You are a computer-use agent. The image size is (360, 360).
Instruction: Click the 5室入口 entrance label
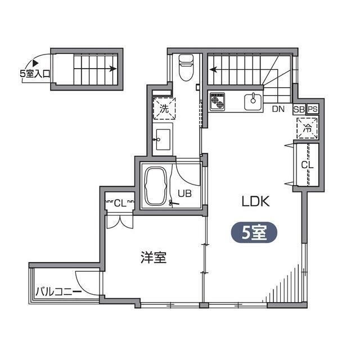point(35,73)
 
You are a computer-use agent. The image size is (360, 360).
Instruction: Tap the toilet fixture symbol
point(185,67)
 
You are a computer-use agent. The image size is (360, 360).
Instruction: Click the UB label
point(185,194)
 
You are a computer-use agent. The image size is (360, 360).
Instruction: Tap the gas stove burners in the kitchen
point(218,102)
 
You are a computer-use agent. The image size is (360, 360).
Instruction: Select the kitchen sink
point(253,102)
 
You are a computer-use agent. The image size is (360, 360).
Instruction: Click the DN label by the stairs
point(278,110)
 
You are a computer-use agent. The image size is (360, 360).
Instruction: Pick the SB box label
point(299,110)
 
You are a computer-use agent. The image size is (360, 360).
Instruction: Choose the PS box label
point(313,110)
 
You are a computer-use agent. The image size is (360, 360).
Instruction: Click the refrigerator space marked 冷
point(307,128)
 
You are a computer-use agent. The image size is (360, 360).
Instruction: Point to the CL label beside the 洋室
point(120,202)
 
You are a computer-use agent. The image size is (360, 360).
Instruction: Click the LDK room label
point(256,201)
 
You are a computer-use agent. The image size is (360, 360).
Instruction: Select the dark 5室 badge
point(254,232)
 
